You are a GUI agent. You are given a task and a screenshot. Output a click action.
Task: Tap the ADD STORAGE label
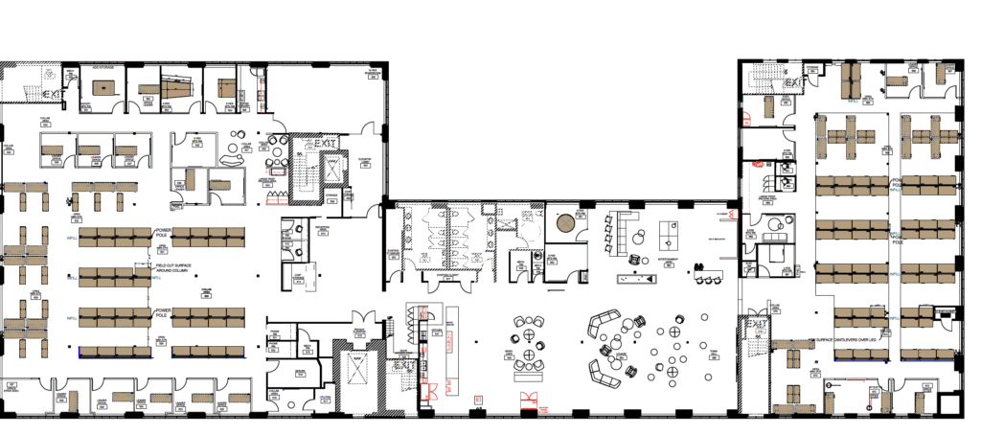point(104,68)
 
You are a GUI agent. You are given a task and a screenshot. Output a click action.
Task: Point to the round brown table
point(565,223)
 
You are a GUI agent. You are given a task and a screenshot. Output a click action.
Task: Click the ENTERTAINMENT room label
point(668,261)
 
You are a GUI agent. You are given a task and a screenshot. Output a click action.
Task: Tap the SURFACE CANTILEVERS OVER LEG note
point(843,339)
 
